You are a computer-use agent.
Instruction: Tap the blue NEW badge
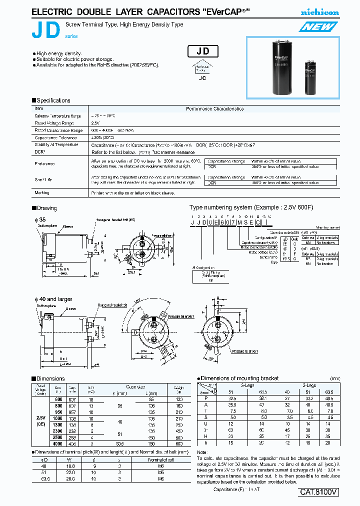318,26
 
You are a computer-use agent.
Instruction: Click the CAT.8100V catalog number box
319,492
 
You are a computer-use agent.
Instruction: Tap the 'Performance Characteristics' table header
215,108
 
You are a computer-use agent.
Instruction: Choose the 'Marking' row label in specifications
41,192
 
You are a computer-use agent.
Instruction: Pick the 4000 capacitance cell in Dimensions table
57,442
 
